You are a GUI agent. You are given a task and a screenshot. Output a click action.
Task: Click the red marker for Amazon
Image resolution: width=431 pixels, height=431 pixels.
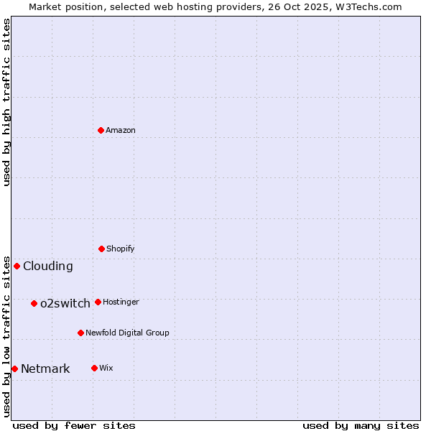tap(101, 130)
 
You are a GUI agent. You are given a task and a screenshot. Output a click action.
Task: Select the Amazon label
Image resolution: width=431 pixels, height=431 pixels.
tap(121, 130)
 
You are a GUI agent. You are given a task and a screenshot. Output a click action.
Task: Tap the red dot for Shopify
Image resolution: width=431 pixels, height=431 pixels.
tap(101, 249)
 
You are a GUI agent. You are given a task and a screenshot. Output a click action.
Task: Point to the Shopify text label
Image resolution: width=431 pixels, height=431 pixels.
tap(121, 249)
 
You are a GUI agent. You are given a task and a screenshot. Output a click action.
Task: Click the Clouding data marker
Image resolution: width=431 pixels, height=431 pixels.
tap(17, 266)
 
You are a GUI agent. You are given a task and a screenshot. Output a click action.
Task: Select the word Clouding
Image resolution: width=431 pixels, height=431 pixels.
tap(48, 266)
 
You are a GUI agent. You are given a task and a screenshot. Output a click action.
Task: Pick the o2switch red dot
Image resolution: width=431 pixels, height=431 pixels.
tap(34, 303)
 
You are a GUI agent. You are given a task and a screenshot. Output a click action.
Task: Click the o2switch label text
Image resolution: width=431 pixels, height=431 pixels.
tap(65, 303)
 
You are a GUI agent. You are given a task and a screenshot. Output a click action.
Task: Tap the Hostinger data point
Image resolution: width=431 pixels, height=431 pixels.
tap(98, 302)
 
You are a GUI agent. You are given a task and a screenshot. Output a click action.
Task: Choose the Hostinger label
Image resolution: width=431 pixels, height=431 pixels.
tap(121, 302)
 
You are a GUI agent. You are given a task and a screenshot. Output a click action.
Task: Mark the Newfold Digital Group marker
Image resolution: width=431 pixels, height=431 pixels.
tap(80, 333)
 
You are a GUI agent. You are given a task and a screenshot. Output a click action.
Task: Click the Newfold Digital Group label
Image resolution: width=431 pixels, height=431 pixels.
tap(127, 333)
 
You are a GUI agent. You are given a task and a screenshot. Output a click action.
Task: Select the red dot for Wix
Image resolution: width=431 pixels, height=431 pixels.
tap(94, 368)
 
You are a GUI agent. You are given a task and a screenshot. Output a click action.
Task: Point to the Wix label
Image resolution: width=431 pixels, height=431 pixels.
tap(106, 368)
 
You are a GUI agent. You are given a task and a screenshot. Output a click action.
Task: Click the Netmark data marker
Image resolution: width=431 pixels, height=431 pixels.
tap(14, 369)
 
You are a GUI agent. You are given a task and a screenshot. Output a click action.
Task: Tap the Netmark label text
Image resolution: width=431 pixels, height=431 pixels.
tap(45, 369)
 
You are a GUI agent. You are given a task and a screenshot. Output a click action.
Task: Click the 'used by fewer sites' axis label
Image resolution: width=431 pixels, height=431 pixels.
tap(74, 425)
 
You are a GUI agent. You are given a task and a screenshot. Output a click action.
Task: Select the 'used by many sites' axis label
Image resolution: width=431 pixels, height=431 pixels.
tap(361, 425)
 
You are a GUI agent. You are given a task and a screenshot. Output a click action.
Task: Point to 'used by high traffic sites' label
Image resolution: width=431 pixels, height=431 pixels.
tap(6, 102)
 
